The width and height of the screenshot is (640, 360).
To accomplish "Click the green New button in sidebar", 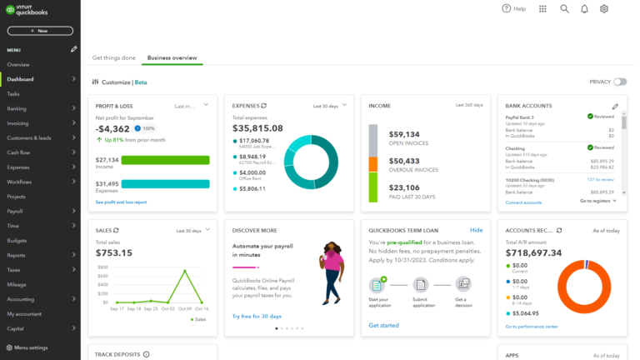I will coord(40,31).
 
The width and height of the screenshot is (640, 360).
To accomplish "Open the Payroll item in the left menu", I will coord(15,211).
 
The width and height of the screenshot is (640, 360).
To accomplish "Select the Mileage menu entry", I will coord(17,284).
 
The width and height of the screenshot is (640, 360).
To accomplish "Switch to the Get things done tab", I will coord(113,57).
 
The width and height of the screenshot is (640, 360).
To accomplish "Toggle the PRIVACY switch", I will coord(619,82).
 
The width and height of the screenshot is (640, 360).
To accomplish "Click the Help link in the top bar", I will coord(513,8).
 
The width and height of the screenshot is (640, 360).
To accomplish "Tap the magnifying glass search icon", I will coord(564,8).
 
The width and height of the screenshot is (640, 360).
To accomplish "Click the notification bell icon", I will coord(584,8).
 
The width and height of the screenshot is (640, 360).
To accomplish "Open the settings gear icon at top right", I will coord(604,8).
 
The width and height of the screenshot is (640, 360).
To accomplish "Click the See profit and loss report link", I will coord(121,202).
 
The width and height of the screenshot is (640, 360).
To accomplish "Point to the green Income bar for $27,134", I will coord(165,160).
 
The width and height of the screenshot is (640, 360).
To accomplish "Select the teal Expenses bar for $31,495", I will coord(165,184).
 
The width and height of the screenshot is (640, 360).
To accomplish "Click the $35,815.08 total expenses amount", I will coord(257,128).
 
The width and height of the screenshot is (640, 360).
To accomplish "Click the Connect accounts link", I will coord(523,202).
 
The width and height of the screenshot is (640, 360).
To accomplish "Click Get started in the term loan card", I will coord(383,325).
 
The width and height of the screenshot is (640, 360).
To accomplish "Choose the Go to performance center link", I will coord(532,327).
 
